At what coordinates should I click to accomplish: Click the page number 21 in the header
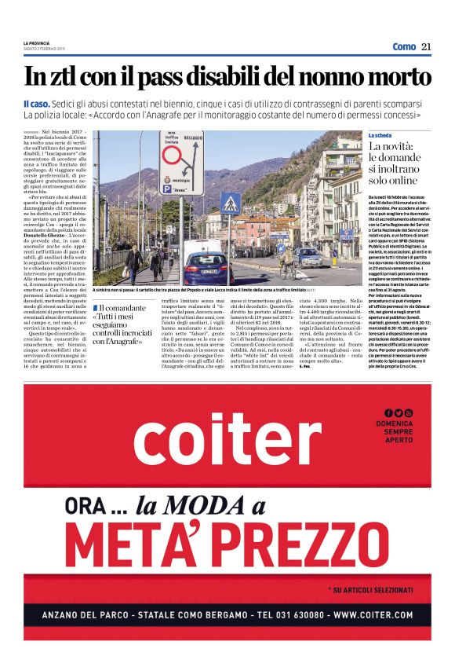click(x=427, y=46)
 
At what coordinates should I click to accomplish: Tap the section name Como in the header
click(x=404, y=46)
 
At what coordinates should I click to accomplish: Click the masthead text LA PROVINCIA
click(x=37, y=42)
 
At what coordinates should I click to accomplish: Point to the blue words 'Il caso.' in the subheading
click(x=37, y=104)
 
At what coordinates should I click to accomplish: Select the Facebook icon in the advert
click(x=388, y=413)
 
